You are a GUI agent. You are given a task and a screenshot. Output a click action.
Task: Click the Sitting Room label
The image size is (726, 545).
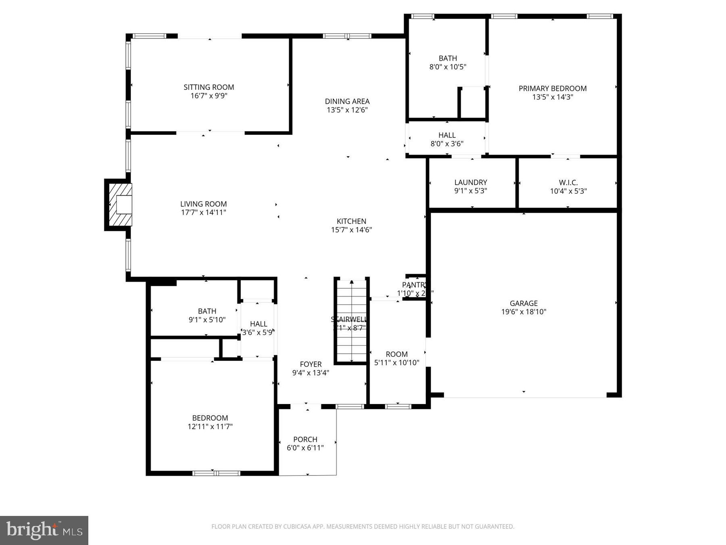(209, 87)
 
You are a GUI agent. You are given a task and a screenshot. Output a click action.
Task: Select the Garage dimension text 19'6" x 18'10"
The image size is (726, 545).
(524, 312)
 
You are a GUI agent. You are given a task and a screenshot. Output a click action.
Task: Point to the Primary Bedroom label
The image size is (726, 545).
(552, 88)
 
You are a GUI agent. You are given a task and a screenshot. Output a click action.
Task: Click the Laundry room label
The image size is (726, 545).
(470, 182)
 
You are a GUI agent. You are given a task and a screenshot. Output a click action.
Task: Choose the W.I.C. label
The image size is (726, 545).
(568, 182)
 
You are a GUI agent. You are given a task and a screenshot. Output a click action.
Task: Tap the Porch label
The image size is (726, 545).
(305, 439)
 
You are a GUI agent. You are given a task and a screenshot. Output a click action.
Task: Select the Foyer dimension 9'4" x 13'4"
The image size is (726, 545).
(311, 373)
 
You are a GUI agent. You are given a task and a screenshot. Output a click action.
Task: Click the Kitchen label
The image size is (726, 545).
(351, 221)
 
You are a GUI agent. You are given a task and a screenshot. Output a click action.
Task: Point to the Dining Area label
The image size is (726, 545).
(347, 101)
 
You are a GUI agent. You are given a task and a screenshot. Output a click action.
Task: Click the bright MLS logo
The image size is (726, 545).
(44, 530)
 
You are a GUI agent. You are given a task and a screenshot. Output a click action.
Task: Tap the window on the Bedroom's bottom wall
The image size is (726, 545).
(216, 473)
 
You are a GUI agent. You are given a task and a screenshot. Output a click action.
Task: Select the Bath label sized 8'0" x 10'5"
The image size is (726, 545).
(448, 58)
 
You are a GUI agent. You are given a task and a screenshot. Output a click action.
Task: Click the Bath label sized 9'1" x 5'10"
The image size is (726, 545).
(207, 311)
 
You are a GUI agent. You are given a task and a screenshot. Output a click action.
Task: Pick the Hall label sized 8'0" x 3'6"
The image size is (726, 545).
(447, 135)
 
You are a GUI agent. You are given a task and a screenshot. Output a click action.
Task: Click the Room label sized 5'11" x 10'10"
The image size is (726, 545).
(396, 354)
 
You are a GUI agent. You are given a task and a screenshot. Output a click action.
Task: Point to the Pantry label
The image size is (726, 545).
(414, 285)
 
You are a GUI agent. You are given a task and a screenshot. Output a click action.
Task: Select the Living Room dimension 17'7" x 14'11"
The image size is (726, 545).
(203, 213)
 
